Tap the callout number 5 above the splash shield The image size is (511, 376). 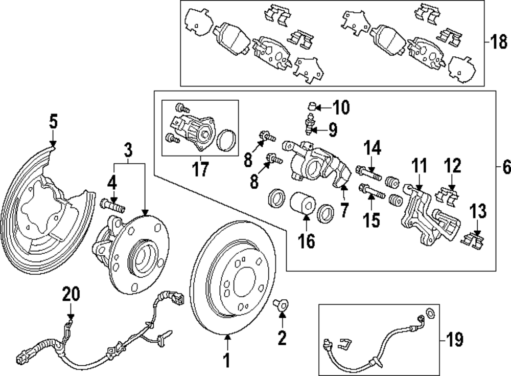pyautogui.click(x=54, y=122)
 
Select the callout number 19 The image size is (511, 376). pyautogui.click(x=455, y=339)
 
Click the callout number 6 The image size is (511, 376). pyautogui.click(x=504, y=167)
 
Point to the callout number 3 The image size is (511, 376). pyautogui.click(x=128, y=150)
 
